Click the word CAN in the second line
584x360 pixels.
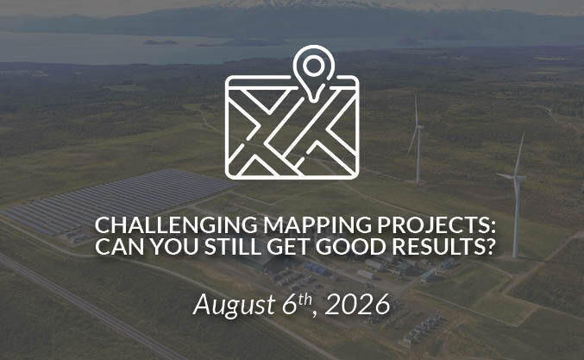pos(120,246)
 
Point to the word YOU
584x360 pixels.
pos(174,246)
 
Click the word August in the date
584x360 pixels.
pos(235,305)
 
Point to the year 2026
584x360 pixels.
pos(357,304)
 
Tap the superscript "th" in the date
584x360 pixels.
pos(305,300)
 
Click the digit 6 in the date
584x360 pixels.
pos(290,304)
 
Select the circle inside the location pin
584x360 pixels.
pos(314,66)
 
